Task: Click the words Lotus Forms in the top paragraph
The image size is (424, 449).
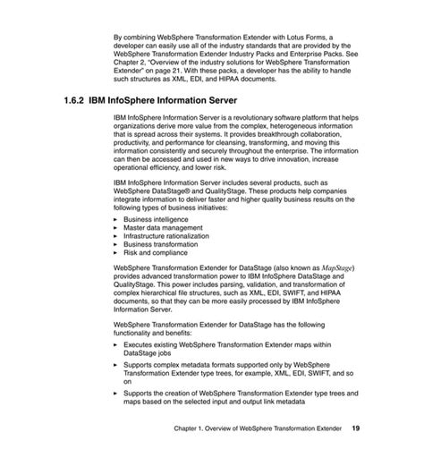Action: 299,37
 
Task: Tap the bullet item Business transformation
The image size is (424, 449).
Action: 159,244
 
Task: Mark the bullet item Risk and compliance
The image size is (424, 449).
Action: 154,252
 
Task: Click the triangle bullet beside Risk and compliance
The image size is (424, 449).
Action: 116,252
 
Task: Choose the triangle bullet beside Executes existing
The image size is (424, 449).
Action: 116,343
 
